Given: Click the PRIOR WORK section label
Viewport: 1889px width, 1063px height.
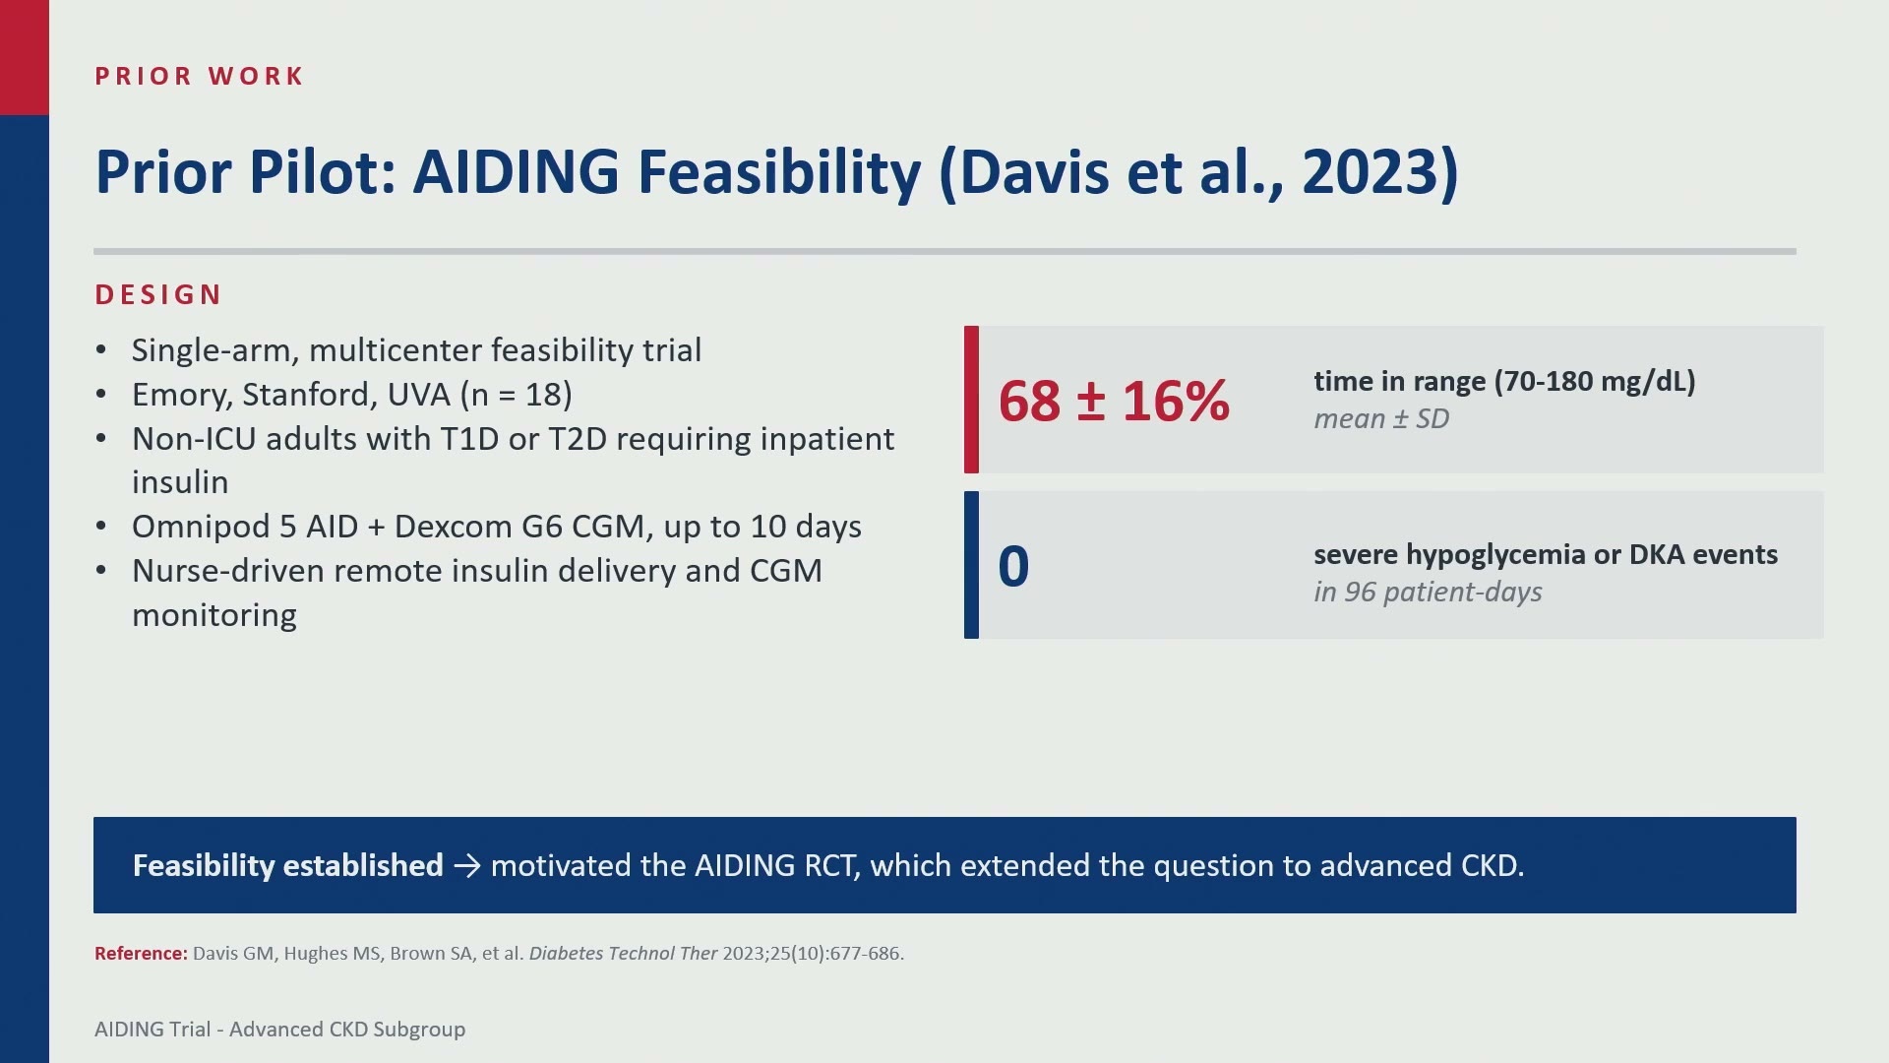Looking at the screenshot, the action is (x=199, y=76).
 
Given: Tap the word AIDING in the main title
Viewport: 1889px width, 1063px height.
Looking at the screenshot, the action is (x=517, y=172).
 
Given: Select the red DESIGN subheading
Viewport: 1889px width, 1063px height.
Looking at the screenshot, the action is (x=158, y=294).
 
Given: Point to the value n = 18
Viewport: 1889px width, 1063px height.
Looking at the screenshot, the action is (x=517, y=395).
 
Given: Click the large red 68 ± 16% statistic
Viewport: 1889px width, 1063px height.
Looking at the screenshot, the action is (x=1114, y=401).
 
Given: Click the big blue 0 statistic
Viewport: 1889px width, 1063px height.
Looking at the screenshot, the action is (x=1013, y=566).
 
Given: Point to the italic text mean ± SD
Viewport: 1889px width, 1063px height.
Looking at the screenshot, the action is (x=1381, y=419).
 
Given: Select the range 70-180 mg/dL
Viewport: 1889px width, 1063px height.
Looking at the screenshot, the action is (x=1595, y=382).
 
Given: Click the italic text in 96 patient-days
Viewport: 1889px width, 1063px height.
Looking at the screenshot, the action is (x=1428, y=593).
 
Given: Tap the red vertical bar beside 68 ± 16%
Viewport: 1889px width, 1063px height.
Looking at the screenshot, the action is (x=971, y=400).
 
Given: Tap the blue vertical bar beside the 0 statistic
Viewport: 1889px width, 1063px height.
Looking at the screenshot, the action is (x=971, y=565).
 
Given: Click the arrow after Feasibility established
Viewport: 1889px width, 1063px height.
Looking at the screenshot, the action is (x=467, y=866).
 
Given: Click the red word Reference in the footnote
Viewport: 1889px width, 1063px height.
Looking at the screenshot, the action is (x=141, y=953).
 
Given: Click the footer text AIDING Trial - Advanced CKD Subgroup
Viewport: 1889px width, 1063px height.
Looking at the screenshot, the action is (x=279, y=1030).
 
